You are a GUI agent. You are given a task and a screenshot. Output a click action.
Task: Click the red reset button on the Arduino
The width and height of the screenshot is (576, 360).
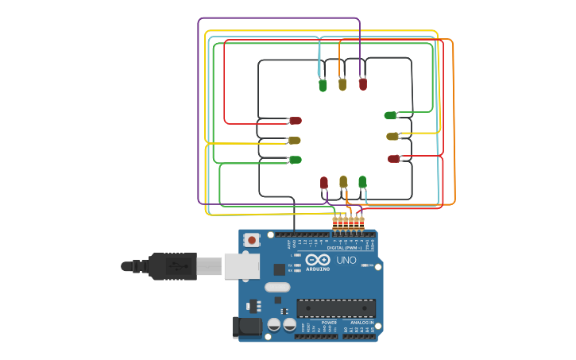252,239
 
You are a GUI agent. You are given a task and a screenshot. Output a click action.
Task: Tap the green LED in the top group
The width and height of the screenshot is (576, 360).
323,85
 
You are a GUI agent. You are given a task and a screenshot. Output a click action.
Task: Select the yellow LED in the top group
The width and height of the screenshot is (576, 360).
342,83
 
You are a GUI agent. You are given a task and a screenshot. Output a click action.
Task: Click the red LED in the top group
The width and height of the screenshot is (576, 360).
363,83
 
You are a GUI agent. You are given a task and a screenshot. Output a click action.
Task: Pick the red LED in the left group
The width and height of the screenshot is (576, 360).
295,121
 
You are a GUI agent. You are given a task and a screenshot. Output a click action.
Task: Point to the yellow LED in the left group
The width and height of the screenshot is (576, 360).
294,141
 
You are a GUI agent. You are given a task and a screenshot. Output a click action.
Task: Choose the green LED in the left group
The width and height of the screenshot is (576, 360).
295,160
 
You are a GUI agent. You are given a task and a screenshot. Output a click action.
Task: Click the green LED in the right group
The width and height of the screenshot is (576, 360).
390,115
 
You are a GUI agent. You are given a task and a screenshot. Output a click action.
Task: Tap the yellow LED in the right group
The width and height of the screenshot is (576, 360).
392,137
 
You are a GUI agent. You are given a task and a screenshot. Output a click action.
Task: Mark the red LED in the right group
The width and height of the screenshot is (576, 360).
393,159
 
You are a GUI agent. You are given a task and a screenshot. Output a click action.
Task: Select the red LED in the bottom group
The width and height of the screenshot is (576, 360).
324,183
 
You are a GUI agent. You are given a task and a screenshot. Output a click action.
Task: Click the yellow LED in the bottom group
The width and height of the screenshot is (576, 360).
343,182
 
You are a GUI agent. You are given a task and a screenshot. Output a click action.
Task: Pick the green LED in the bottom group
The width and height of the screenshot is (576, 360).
362,182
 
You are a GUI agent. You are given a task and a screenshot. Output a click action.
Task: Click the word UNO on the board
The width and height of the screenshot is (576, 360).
346,261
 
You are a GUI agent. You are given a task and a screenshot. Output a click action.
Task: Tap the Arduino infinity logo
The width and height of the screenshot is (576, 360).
318,260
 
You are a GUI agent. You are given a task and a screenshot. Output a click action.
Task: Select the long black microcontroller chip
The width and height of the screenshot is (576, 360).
336,308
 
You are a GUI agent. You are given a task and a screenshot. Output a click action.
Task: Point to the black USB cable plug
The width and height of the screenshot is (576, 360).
171,266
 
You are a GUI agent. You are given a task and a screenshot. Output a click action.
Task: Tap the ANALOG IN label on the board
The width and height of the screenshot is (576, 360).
362,323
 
